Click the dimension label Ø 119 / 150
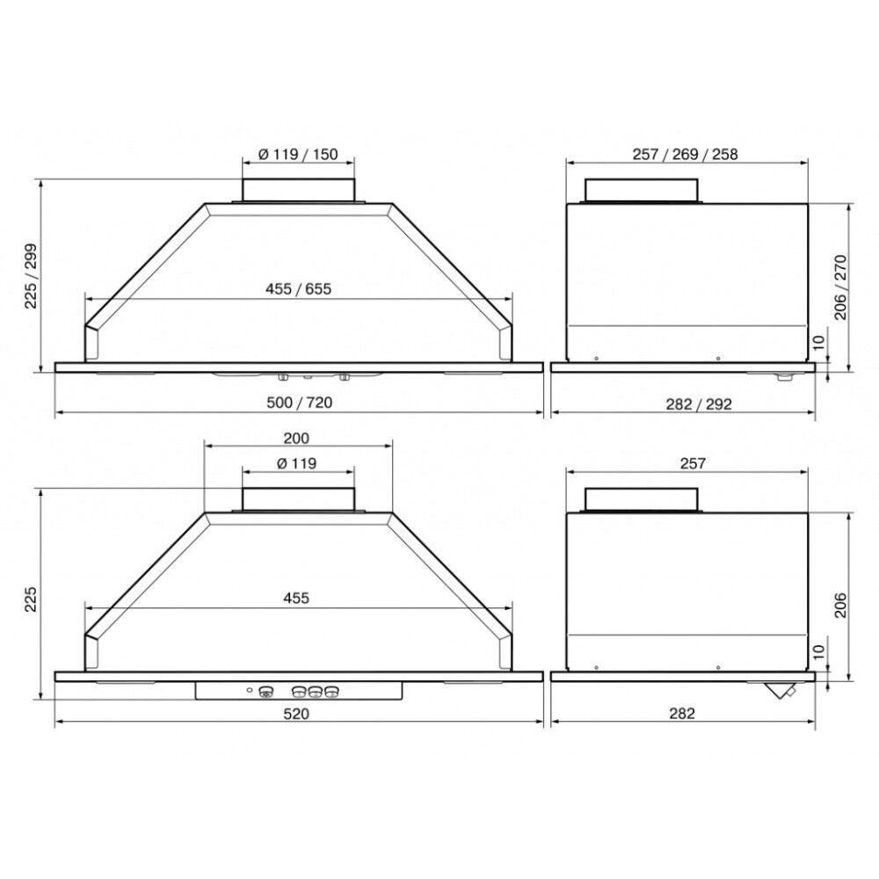tap(298, 154)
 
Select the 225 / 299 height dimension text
tap(31, 275)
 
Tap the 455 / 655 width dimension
tap(298, 288)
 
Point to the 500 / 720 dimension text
tap(300, 403)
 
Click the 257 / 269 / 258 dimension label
tap(685, 154)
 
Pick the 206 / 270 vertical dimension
tap(841, 287)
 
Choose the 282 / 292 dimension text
tap(699, 404)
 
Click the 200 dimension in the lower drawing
tap(296, 438)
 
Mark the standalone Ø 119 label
tap(296, 463)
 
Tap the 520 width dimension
tap(296, 714)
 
